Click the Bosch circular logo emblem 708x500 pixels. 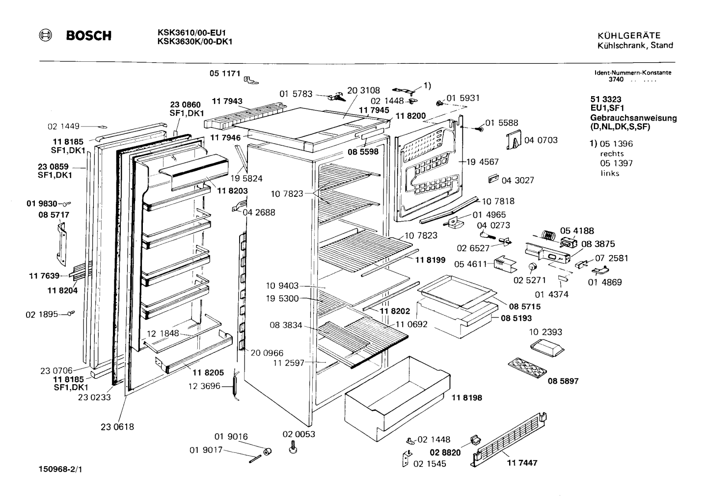point(45,35)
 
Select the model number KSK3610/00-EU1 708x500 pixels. point(191,33)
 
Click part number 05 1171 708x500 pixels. point(225,73)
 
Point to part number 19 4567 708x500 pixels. point(482,162)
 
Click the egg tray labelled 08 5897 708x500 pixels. point(527,368)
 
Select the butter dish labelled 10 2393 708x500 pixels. point(547,348)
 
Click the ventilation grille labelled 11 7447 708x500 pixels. point(508,440)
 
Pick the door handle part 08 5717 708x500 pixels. point(62,244)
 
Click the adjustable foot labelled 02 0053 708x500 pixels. point(293,447)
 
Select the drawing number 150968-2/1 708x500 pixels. point(60,470)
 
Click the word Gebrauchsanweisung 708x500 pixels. point(633,118)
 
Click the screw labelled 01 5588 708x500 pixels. point(478,129)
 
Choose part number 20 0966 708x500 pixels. point(267,353)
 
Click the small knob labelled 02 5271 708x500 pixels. point(533,267)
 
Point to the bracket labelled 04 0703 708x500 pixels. point(514,139)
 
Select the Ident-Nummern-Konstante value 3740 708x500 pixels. point(616,79)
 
